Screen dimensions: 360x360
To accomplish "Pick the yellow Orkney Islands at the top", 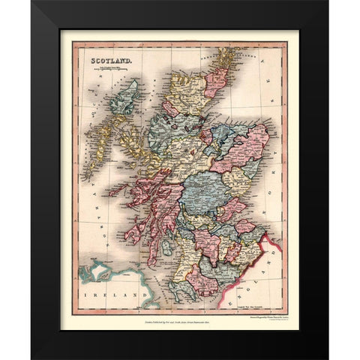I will (224, 57).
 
